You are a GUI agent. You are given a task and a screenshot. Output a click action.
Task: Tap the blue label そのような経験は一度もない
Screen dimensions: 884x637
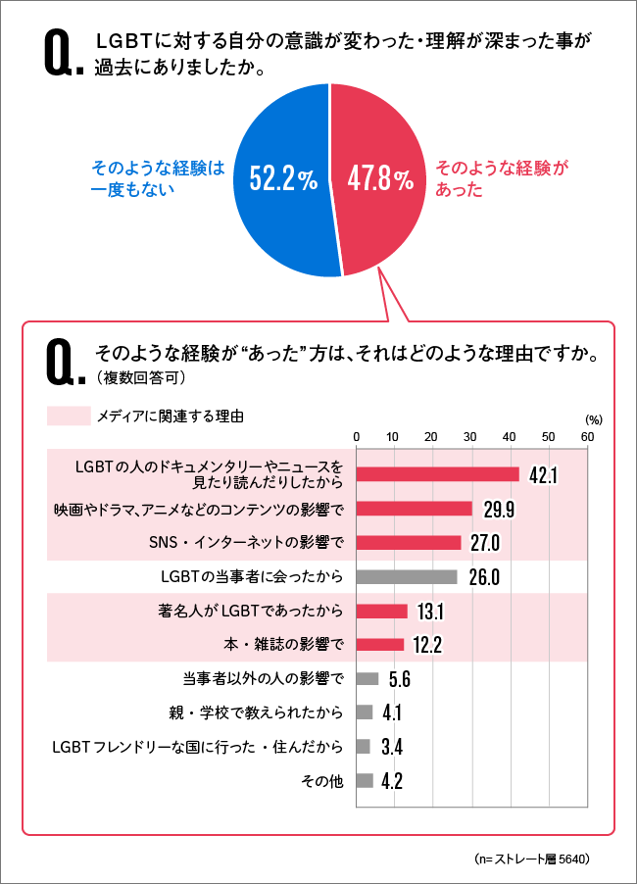pyautogui.click(x=157, y=178)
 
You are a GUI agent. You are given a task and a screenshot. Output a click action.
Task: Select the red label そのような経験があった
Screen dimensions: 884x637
pyautogui.click(x=501, y=178)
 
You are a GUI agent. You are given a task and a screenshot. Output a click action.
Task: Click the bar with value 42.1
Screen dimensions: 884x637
pyautogui.click(x=437, y=474)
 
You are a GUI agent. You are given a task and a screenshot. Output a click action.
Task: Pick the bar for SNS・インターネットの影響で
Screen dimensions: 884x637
pyautogui.click(x=408, y=542)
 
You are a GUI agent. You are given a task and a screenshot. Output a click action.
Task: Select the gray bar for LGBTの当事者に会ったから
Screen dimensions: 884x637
pyautogui.click(x=406, y=576)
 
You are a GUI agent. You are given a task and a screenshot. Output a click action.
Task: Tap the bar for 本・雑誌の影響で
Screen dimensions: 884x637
pyautogui.click(x=379, y=644)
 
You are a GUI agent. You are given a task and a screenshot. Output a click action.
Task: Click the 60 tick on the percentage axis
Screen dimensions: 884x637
pyautogui.click(x=586, y=436)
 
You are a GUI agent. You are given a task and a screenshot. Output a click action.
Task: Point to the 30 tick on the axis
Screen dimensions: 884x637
pyautogui.click(x=471, y=436)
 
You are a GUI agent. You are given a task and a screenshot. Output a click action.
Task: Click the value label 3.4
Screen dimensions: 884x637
pyautogui.click(x=391, y=747)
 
